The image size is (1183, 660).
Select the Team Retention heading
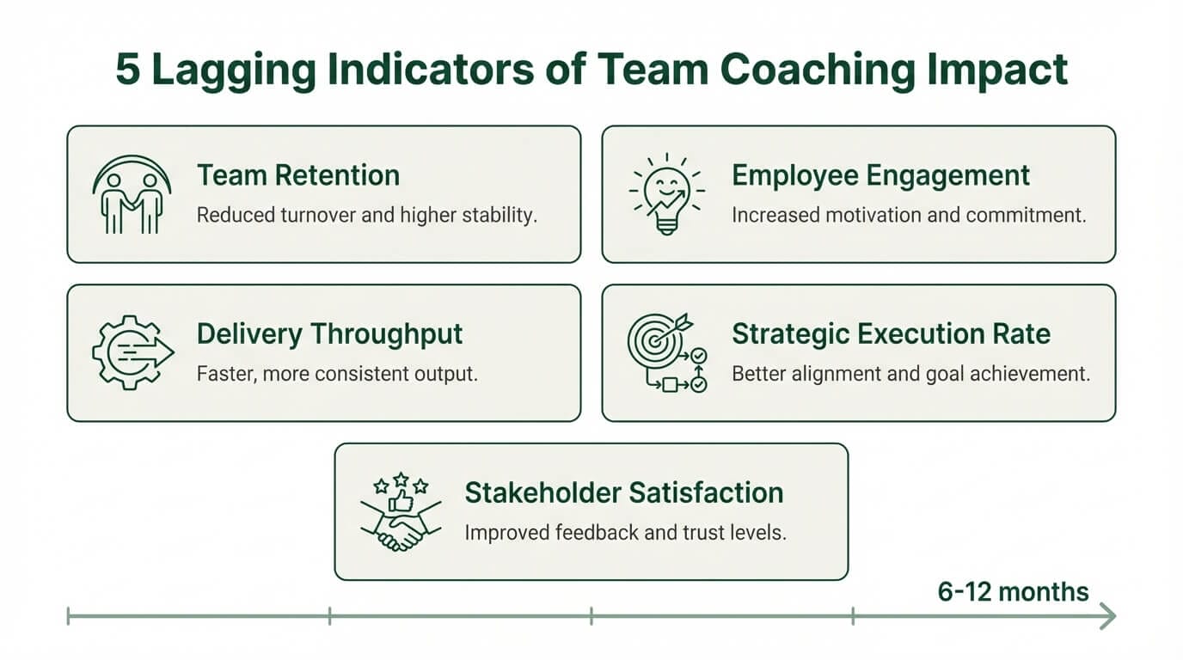298,175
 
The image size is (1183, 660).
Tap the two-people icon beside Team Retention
131,194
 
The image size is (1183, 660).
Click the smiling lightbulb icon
665,194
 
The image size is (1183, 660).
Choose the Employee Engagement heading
880,175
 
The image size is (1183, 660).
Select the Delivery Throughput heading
329,333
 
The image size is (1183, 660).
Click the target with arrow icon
667,352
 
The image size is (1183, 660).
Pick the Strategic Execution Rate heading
891,333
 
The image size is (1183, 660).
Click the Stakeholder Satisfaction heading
623,493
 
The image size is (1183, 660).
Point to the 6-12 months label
1013,591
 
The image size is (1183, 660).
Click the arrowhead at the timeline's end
1108,615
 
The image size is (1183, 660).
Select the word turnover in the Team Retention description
320,215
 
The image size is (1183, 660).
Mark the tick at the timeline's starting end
68,615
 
